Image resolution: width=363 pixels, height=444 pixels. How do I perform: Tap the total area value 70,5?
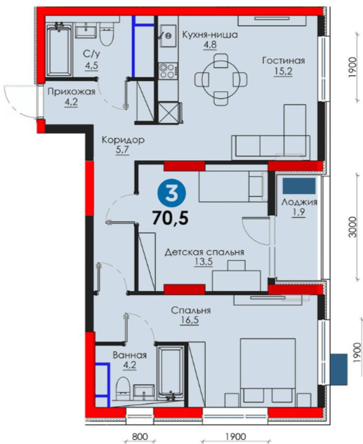click(x=171, y=218)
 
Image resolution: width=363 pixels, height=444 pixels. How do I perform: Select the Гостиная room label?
click(x=283, y=60)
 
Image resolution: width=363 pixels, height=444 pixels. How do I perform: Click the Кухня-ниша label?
click(x=210, y=34)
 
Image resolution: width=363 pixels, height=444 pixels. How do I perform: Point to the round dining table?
click(x=220, y=79)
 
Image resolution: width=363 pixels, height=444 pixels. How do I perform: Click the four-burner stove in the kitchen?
click(x=168, y=71)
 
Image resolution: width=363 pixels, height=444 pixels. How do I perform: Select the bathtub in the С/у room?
click(x=59, y=50)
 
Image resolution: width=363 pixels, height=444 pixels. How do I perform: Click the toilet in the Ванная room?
click(x=123, y=388)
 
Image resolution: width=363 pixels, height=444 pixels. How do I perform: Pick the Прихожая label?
click(x=71, y=92)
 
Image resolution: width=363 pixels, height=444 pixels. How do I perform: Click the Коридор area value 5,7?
click(x=122, y=150)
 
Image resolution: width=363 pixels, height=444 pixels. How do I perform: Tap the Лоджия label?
click(x=299, y=202)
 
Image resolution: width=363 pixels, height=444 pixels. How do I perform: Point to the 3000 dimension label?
click(x=352, y=227)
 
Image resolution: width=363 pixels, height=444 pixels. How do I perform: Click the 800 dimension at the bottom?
click(x=140, y=436)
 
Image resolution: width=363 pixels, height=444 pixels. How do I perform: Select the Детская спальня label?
click(x=204, y=252)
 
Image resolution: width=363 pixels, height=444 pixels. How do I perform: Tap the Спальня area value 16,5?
click(x=190, y=320)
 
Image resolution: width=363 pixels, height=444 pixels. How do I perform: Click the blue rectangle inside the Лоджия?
click(x=299, y=185)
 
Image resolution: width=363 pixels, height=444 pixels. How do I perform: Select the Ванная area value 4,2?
click(x=130, y=365)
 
